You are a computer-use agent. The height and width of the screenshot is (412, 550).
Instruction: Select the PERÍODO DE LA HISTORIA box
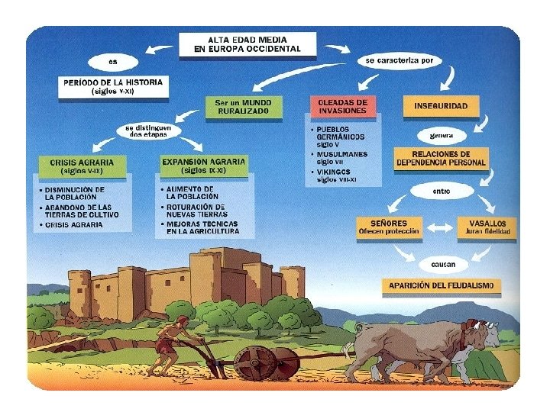112,86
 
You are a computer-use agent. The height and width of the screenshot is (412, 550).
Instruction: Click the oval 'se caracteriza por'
399,60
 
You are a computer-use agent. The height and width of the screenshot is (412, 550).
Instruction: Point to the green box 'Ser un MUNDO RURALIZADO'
244,106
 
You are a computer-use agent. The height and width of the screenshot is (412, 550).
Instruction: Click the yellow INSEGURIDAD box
441,105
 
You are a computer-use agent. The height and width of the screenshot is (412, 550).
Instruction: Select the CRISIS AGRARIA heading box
82,166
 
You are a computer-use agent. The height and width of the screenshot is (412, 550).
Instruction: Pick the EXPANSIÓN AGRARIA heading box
204,166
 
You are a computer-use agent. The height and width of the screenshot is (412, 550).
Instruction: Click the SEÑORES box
390,227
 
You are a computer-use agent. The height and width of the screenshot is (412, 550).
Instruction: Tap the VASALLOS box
487,227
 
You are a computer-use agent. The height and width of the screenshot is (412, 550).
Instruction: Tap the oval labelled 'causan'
442,264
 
